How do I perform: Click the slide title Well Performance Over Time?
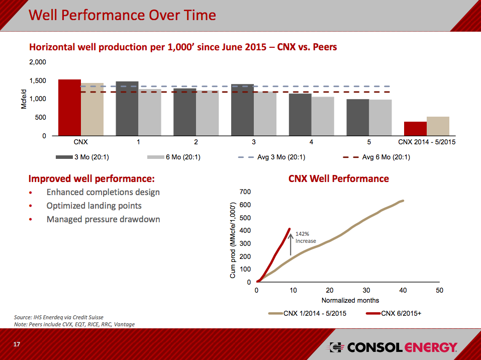(122, 15)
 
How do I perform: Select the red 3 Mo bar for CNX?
(69, 108)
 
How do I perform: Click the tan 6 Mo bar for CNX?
(92, 110)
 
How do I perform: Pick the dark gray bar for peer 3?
(242, 110)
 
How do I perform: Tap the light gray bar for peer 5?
(380, 118)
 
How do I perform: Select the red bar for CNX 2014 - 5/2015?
(415, 129)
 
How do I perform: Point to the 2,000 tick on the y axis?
(38, 62)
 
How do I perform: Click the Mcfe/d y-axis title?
(24, 99)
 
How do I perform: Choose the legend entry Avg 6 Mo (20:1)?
(386, 157)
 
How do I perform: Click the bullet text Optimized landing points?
(94, 206)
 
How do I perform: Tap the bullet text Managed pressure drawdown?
(103, 219)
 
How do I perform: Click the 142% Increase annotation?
(306, 237)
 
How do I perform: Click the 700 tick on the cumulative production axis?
(245, 192)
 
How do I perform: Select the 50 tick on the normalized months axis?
(439, 291)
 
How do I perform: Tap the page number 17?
(17, 344)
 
